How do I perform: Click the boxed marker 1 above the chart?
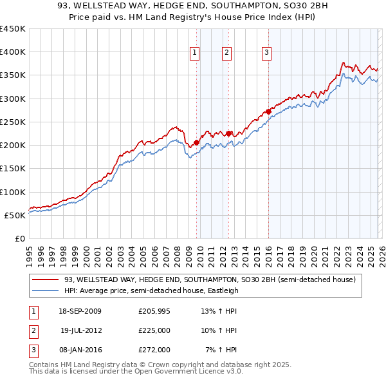(194, 53)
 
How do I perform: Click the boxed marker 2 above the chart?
(227, 53)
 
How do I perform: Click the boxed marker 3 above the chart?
(266, 53)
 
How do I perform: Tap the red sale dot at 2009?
(196, 142)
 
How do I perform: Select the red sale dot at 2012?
(228, 133)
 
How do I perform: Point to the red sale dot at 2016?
(268, 111)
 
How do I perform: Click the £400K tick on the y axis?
(13, 52)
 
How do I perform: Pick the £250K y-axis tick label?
(13, 122)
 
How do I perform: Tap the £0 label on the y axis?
(19, 238)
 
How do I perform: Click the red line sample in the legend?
(46, 280)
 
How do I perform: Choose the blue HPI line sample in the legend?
(46, 290)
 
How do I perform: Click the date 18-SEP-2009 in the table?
(80, 311)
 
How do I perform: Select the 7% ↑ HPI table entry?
(221, 350)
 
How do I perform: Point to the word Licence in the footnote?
(212, 371)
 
